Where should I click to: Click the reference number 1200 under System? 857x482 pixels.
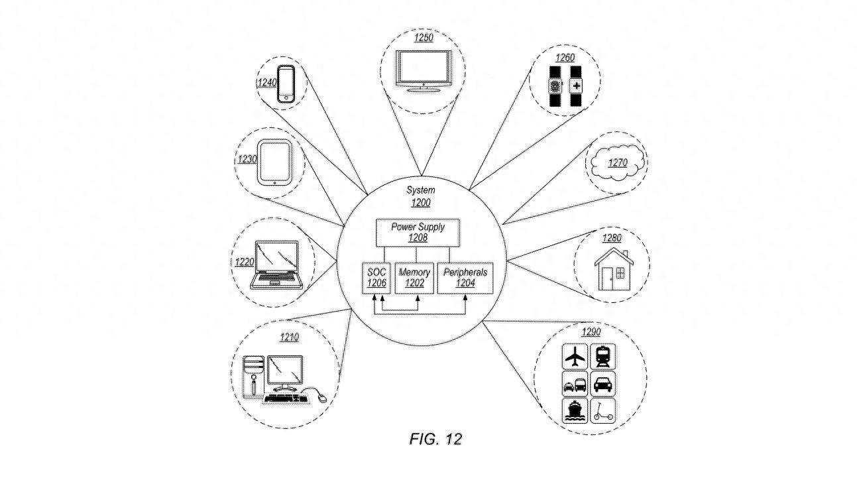pos(421,203)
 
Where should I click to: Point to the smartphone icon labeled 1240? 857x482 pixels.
pos(286,84)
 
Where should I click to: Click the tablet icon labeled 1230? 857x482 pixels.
pos(274,162)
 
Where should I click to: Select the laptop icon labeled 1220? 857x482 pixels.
pos(276,265)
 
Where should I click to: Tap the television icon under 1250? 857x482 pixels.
pos(423,71)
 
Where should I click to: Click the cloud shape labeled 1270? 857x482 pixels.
pos(616,163)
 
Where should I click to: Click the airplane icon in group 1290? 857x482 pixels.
pos(575,357)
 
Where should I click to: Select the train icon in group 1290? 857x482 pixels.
pos(602,357)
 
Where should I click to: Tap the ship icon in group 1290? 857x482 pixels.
pos(575,411)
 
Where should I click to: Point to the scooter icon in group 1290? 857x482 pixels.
pos(602,411)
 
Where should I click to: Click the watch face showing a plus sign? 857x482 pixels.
pos(576,86)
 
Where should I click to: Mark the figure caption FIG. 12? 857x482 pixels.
pos(435,439)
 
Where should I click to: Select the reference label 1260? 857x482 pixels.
pos(565,58)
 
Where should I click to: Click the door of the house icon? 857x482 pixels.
pos(606,278)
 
